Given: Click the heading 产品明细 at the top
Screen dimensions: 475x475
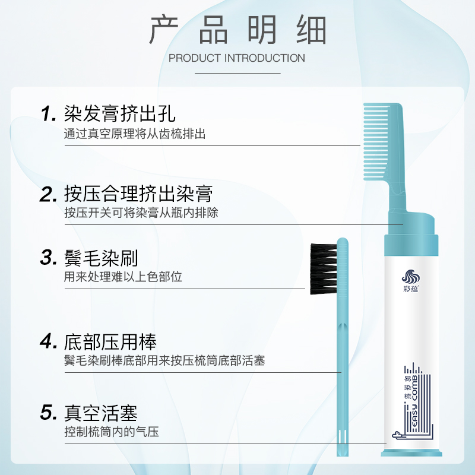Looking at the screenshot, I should pos(237,30).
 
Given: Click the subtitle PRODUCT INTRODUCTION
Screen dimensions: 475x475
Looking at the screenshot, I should pos(237,58).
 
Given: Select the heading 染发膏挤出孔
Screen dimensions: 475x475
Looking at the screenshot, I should pos(119,113).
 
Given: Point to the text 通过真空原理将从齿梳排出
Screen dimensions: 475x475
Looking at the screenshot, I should pos(135,134).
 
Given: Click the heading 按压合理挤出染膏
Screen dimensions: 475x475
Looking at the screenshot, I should pos(138,193).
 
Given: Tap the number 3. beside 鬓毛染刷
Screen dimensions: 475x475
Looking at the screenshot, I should pos(48,258).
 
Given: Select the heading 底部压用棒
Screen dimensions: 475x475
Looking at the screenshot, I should pos(110,341).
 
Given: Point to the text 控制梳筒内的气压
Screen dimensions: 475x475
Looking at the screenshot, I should pos(112,432).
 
